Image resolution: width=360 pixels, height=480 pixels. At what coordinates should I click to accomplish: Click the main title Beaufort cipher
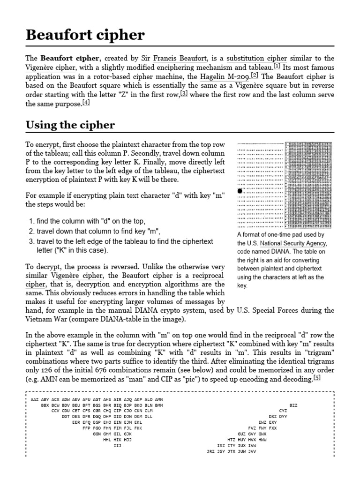(85, 35)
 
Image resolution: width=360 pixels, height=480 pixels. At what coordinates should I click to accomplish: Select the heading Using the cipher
(70, 125)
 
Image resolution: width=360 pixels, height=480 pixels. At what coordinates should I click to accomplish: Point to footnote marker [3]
(184, 93)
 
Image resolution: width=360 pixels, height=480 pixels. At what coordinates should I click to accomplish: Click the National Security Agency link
(293, 243)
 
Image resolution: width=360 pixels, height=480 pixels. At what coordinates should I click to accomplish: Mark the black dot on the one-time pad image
(240, 191)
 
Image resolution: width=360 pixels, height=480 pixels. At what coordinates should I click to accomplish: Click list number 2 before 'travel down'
(31, 231)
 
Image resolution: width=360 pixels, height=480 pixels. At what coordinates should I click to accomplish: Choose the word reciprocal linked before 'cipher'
(208, 275)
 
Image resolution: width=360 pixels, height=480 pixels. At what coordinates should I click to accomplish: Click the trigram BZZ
(293, 405)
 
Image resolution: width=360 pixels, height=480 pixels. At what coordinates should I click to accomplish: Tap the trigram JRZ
(211, 451)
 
